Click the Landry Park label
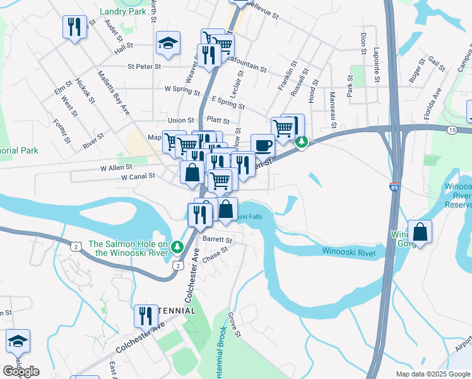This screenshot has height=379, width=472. tap(123, 11)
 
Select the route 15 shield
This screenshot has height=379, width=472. tap(452, 129)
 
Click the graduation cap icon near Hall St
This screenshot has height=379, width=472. tap(168, 43)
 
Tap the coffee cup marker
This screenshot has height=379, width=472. tap(263, 145)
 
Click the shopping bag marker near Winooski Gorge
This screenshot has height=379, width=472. tap(420, 231)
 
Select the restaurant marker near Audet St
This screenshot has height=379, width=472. tap(74, 27)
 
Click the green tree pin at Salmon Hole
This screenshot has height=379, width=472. tap(178, 245)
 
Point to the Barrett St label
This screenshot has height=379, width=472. tap(218, 240)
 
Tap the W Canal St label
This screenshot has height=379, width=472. tap(138, 177)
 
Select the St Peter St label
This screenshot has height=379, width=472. tap(145, 66)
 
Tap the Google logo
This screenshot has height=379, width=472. tap(21, 371)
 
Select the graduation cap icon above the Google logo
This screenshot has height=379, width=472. tap(18, 341)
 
